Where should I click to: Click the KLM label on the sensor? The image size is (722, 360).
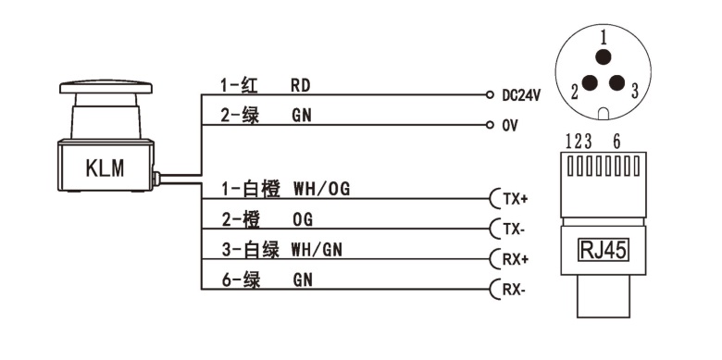coord(104,169)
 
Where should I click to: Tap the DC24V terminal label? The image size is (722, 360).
coord(521,94)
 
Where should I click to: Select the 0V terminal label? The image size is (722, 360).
coord(509,125)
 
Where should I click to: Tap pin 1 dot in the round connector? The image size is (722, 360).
coord(604,58)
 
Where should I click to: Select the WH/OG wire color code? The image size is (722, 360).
coord(321,189)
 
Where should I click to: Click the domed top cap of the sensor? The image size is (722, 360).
coord(105,88)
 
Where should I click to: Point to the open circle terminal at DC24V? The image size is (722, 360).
coord(488,94)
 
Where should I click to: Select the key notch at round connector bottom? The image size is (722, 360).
coord(604,114)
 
